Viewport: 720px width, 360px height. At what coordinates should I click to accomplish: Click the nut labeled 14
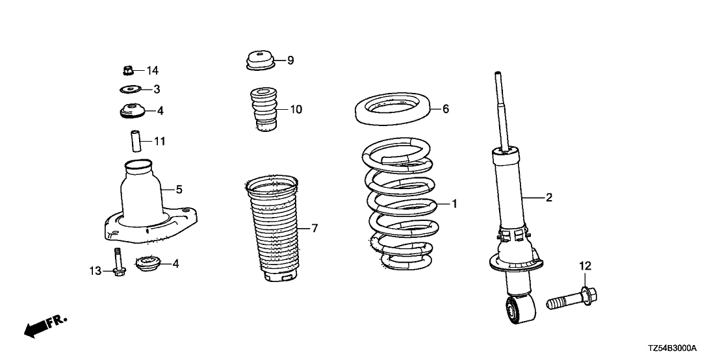click(x=128, y=71)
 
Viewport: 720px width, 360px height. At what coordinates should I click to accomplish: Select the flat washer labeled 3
click(x=129, y=88)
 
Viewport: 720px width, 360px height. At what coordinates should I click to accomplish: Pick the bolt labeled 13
click(x=118, y=262)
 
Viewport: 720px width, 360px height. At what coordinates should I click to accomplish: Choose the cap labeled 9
click(x=261, y=60)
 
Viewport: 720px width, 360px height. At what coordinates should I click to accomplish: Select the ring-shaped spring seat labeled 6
click(x=395, y=109)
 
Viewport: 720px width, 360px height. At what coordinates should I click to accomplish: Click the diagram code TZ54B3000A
click(x=673, y=348)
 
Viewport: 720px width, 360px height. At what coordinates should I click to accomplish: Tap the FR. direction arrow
click(x=46, y=326)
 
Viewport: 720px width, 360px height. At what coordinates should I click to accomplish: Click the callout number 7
click(x=314, y=228)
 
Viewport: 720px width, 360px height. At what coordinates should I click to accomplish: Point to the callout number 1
click(x=454, y=203)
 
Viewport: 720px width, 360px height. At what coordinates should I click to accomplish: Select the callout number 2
click(x=548, y=198)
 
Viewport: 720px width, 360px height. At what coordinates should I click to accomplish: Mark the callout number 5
click(x=179, y=188)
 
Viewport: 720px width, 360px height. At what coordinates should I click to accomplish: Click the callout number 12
click(x=585, y=265)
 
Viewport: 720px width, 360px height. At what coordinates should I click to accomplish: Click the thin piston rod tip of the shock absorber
click(x=497, y=74)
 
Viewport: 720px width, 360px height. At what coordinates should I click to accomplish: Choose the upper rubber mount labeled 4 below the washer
click(x=133, y=111)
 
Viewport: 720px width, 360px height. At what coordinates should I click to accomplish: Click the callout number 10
click(x=296, y=110)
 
